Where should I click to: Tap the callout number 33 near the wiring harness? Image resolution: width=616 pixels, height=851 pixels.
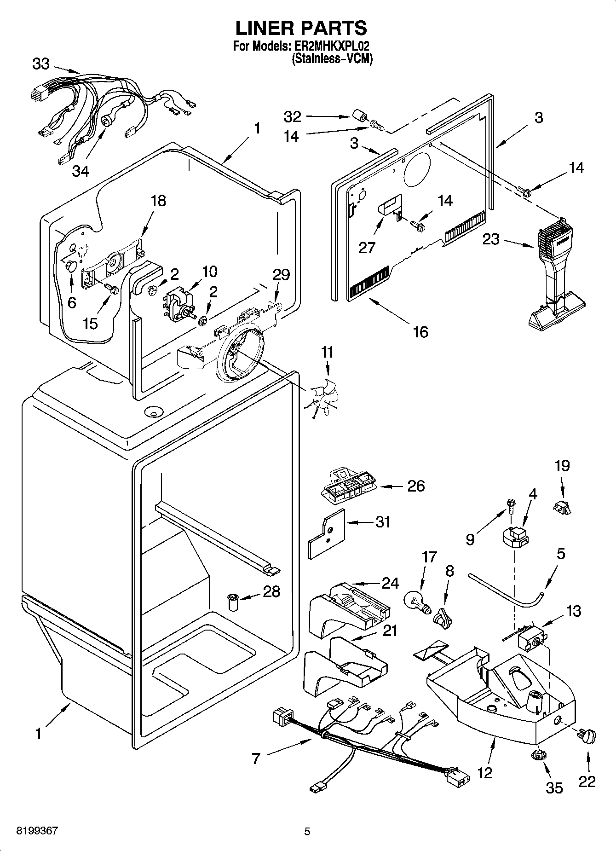point(41,64)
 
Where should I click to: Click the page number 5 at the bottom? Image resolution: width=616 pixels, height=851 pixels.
point(307,831)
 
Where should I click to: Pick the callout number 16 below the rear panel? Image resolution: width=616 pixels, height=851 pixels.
point(420,331)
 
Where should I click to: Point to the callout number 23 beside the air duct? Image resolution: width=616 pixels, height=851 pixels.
point(490,239)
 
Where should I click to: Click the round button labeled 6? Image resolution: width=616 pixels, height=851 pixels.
point(70,266)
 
